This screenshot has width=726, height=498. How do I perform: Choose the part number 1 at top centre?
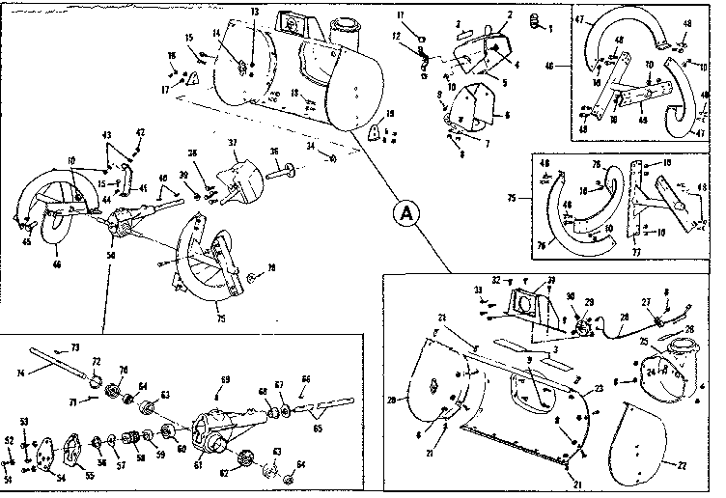tap(550, 28)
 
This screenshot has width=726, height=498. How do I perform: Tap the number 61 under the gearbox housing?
tap(199, 464)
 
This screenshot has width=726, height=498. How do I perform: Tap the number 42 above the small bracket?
tap(140, 132)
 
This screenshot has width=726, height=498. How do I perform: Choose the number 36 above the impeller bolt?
tap(274, 152)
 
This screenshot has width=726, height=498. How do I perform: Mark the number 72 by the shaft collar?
tap(96, 360)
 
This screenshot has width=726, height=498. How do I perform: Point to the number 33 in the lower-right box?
tap(477, 289)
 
